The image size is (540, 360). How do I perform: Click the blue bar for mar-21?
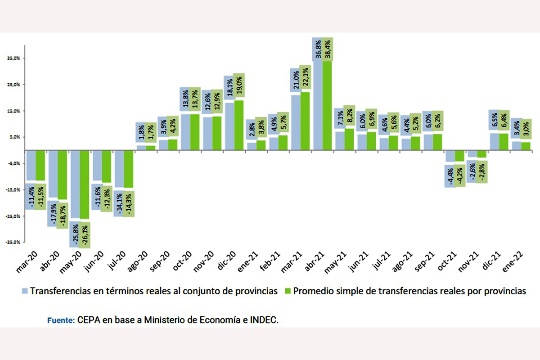click(x=296, y=122)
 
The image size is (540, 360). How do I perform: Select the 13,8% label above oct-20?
click(x=185, y=99)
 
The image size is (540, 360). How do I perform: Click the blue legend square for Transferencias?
click(x=26, y=291)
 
